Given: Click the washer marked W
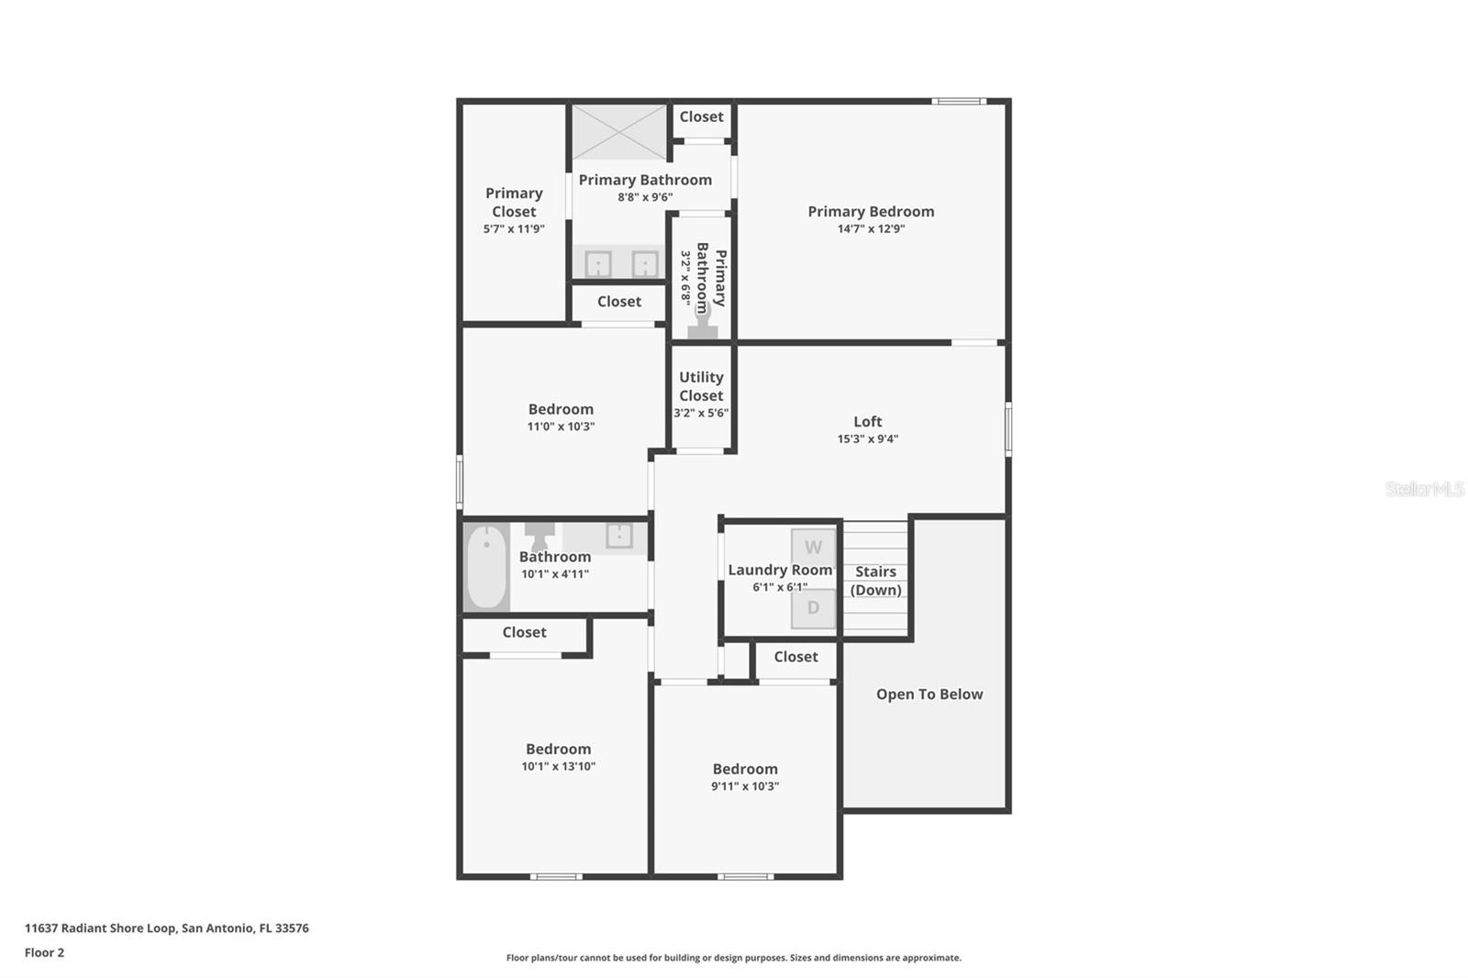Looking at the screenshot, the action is point(813,548).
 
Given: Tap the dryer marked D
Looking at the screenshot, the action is point(813,607).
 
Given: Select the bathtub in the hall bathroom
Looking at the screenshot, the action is point(486,568).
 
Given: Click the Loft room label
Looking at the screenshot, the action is point(868,421).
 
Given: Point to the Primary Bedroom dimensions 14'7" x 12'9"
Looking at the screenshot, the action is point(871,228).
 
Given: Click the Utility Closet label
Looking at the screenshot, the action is point(701,386).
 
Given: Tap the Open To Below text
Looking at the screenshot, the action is point(929,695).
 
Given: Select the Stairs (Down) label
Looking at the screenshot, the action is point(875,581).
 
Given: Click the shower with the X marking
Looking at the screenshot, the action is point(619,132).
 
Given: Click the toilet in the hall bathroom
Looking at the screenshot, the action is point(539,536).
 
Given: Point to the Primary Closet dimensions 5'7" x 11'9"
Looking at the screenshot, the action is point(514,228).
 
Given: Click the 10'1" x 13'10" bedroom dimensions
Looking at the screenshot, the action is point(559,766).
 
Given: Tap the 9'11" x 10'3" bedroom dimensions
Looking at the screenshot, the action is point(745,786).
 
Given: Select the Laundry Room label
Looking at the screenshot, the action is point(780,571).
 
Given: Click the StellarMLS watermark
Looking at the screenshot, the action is point(1425,489).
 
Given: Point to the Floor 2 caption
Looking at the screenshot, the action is point(45,952).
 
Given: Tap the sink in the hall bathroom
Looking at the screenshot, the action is point(619,535).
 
